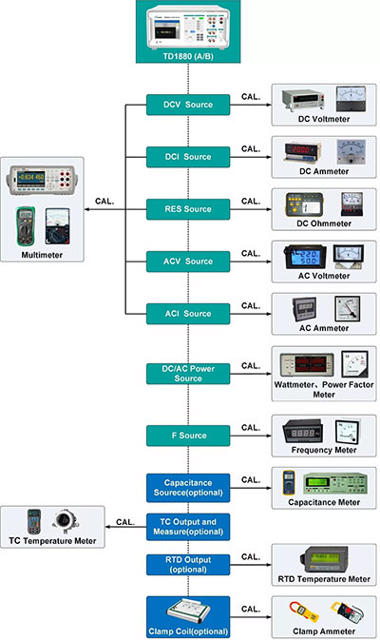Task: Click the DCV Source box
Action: (x=187, y=104)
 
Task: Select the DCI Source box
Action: (x=187, y=156)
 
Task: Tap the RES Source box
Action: (x=187, y=208)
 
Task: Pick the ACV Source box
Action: (x=187, y=261)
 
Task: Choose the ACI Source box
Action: (x=187, y=313)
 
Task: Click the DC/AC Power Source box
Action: (x=187, y=373)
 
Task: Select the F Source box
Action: (x=187, y=436)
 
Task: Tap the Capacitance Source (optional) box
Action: (x=187, y=487)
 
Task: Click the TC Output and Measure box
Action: (x=187, y=526)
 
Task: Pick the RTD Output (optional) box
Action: (x=187, y=565)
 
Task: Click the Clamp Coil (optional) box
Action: (x=187, y=615)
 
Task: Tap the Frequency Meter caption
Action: (x=324, y=450)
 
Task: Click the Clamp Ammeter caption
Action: (x=324, y=630)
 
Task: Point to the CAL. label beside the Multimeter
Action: (x=106, y=201)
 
